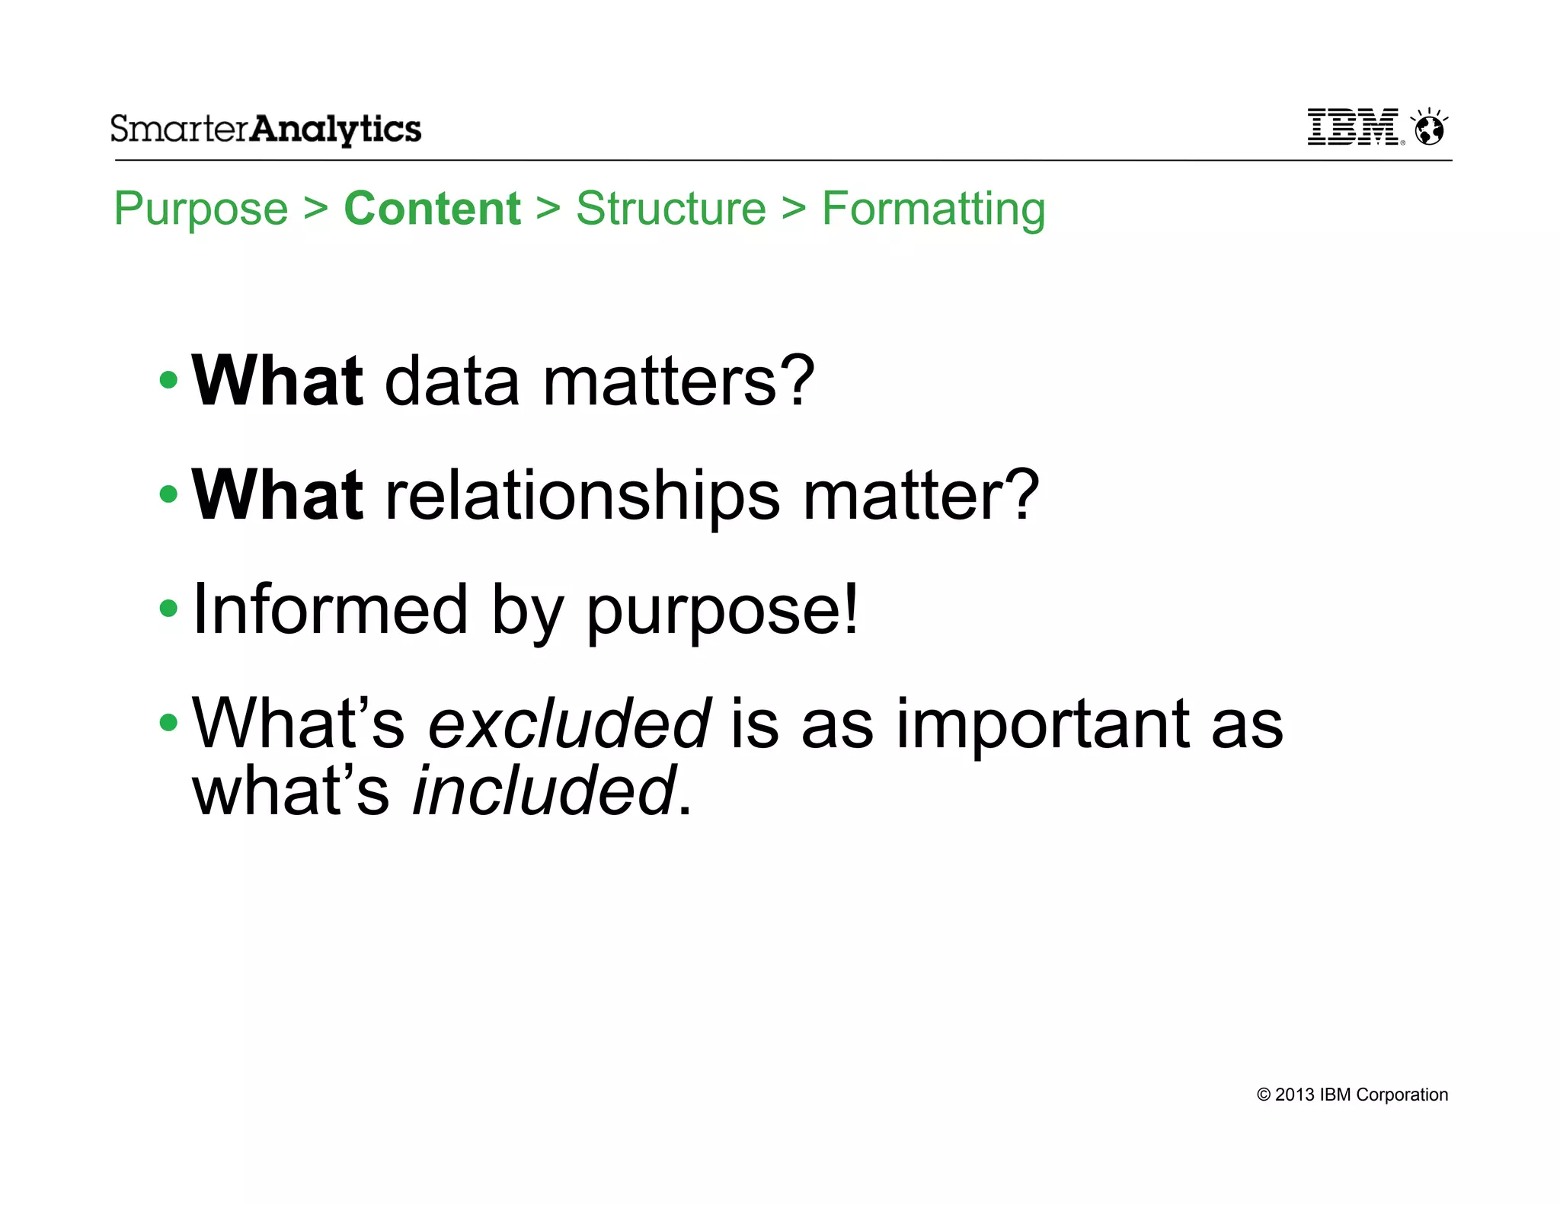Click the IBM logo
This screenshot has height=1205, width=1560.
(x=1354, y=127)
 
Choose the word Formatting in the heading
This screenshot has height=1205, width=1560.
(x=933, y=209)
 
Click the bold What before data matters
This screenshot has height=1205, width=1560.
(x=277, y=380)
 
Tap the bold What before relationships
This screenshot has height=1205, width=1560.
(x=277, y=494)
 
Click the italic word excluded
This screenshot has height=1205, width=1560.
(x=569, y=723)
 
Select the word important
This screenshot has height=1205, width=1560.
(x=1042, y=724)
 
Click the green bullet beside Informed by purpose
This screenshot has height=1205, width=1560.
(x=168, y=609)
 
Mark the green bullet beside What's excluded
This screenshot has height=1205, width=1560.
(x=168, y=722)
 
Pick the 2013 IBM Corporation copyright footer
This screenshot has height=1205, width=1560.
(x=1352, y=1095)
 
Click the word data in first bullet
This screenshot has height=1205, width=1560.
(x=452, y=381)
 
